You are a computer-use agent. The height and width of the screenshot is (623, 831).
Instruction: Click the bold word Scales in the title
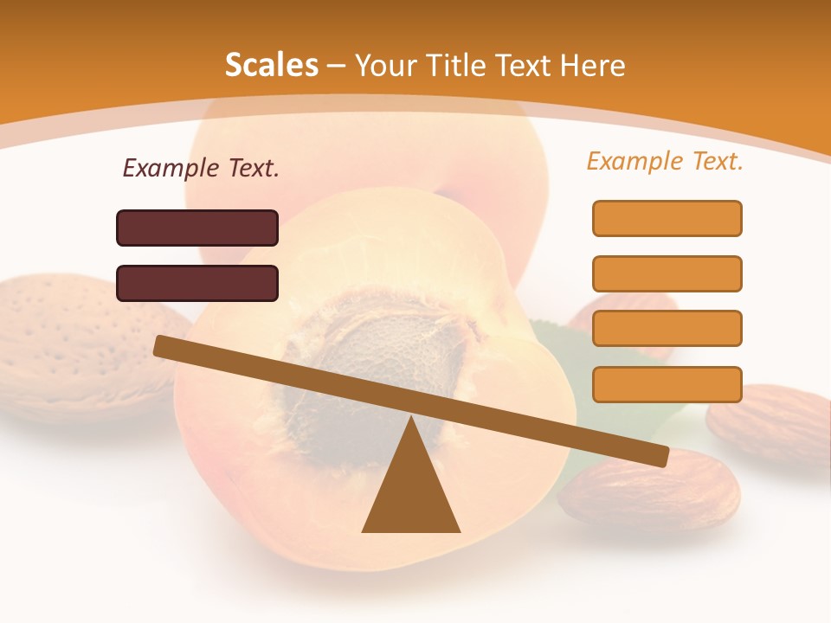click(x=271, y=65)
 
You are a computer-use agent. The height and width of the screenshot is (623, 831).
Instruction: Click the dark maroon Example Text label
click(x=201, y=168)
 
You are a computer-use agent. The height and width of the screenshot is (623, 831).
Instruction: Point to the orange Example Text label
click(x=665, y=161)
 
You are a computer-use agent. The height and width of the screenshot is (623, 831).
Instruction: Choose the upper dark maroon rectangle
click(x=197, y=228)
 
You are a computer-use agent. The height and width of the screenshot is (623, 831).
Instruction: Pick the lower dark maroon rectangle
click(x=197, y=283)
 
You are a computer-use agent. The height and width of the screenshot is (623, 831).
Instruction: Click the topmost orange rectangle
click(x=667, y=218)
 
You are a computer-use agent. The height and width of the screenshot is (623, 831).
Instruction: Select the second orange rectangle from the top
click(x=667, y=273)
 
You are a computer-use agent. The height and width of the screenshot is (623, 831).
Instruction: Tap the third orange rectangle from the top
click(x=667, y=328)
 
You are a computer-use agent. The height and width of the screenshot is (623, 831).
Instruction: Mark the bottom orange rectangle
click(x=667, y=384)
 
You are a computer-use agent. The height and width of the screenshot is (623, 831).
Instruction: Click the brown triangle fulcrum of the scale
click(x=411, y=489)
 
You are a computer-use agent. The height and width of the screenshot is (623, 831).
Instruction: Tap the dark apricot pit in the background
click(x=364, y=372)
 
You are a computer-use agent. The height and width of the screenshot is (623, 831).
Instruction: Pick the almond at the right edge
click(x=770, y=424)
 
